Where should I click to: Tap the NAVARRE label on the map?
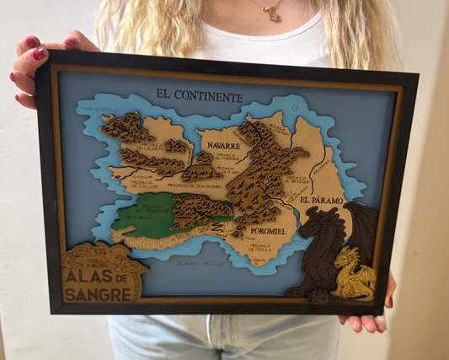click(224, 145)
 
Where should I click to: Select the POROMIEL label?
click(269, 229)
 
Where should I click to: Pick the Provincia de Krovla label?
click(262, 249)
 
